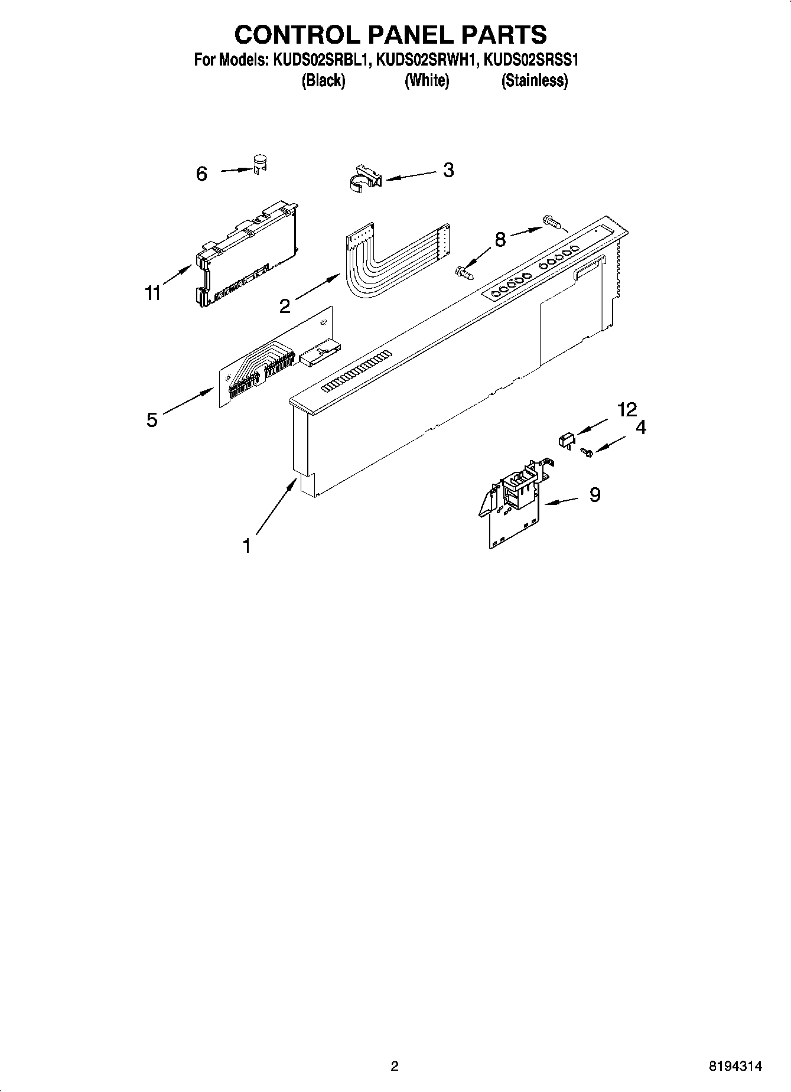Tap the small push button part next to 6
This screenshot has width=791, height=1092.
(x=259, y=164)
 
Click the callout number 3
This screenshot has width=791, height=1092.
(x=448, y=170)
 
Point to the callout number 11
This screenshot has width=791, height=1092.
(x=153, y=293)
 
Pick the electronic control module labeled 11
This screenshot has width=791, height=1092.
(x=245, y=254)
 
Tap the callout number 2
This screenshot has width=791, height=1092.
(x=285, y=306)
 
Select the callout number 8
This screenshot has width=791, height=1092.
(x=500, y=240)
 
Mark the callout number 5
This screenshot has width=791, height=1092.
(x=152, y=420)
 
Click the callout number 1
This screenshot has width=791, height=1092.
(x=247, y=546)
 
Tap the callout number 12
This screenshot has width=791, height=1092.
(x=627, y=409)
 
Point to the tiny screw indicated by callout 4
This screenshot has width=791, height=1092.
(x=587, y=452)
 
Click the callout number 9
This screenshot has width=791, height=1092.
(x=594, y=495)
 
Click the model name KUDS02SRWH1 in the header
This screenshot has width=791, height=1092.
(x=427, y=60)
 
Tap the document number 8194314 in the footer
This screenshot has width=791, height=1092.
(x=735, y=1066)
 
